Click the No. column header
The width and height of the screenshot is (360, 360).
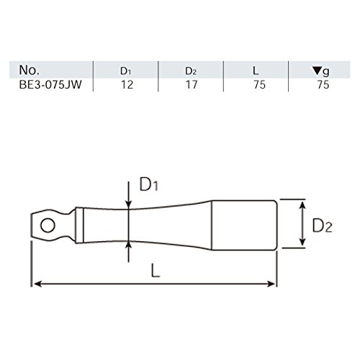point(29,70)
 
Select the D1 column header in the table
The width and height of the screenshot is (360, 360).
point(126,71)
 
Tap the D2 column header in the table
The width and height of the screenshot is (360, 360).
point(191,71)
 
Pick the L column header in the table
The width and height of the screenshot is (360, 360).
point(256,71)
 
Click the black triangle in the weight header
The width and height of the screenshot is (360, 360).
point(318,71)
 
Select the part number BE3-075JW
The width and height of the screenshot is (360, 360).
point(50,85)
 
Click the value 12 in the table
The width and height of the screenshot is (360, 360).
point(127,85)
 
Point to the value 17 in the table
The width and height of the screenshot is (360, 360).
point(192,85)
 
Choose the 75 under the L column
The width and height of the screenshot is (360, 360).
point(260,85)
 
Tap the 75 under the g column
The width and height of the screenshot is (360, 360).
point(323,85)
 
